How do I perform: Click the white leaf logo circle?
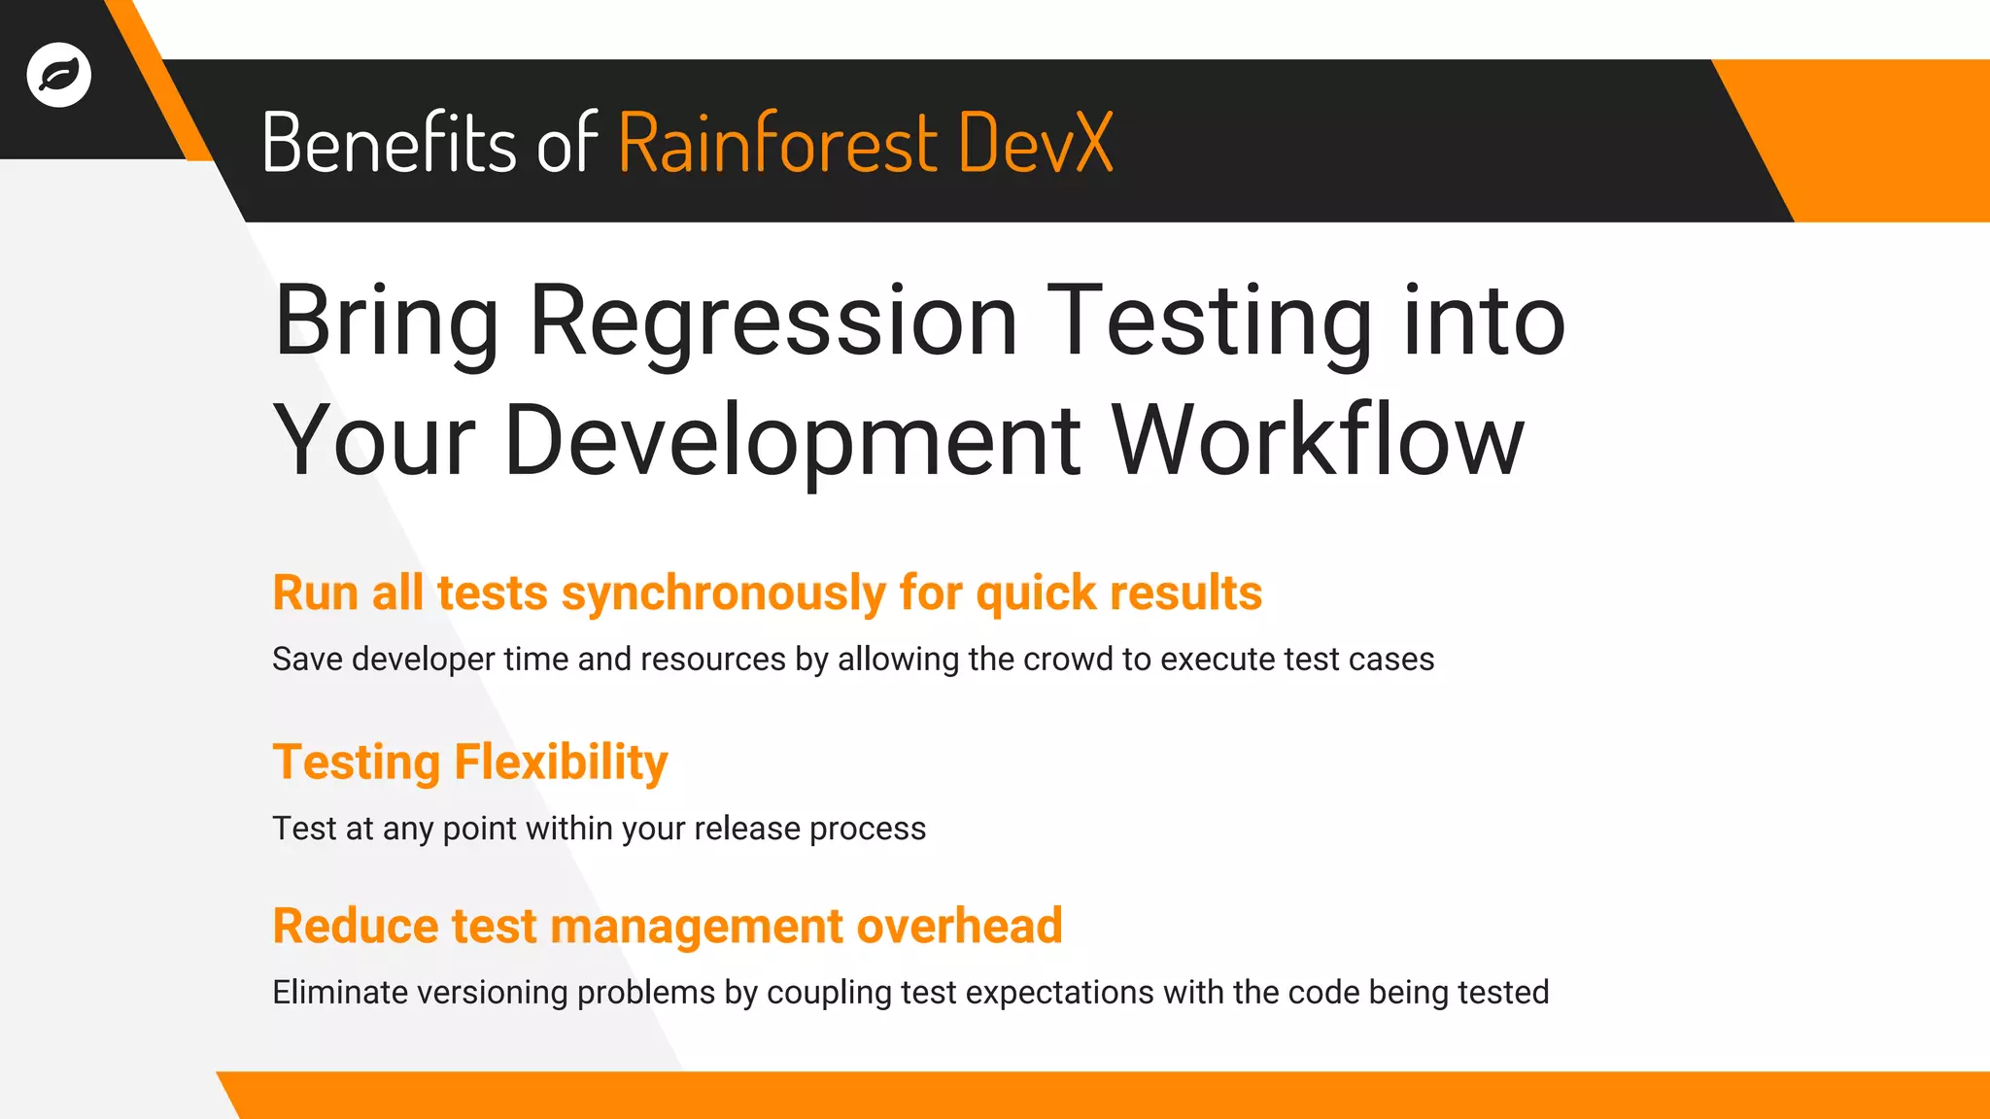tap(59, 75)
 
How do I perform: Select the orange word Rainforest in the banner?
tap(777, 143)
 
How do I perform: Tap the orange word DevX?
tap(1035, 143)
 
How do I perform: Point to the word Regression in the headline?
tap(773, 322)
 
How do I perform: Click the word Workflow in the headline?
tap(1318, 441)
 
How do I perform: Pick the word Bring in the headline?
tap(386, 322)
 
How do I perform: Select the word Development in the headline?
tap(792, 441)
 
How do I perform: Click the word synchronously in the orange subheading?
tap(724, 593)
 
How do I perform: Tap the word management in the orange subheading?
tap(697, 926)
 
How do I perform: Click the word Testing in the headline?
tap(1210, 322)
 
